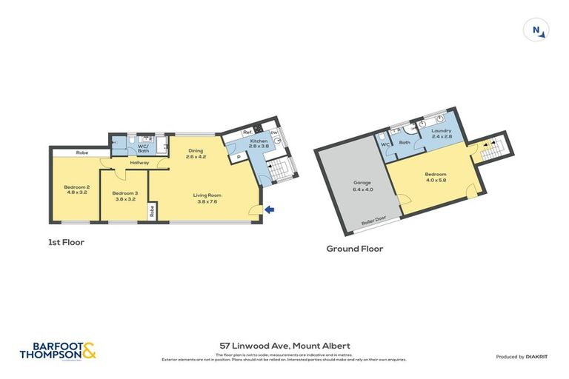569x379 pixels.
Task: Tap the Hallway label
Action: [139, 163]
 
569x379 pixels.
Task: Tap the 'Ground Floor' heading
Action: [354, 249]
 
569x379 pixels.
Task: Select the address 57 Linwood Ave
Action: [284, 346]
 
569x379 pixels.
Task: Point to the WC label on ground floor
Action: [384, 144]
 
